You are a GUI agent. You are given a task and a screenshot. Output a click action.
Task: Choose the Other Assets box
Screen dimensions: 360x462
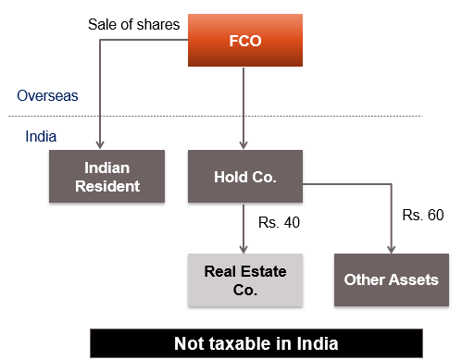click(391, 279)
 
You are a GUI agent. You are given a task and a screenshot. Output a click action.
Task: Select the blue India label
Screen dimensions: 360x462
click(40, 137)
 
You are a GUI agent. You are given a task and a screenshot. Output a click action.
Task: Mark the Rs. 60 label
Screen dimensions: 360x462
click(423, 216)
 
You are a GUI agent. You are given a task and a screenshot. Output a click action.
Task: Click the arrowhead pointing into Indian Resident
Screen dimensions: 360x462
click(99, 146)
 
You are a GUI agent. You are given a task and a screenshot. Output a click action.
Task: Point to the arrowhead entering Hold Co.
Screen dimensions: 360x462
click(243, 146)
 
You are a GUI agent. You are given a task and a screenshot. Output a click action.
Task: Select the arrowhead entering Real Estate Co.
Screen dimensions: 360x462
click(243, 248)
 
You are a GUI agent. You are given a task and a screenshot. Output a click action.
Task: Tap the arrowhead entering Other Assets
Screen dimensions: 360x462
click(391, 248)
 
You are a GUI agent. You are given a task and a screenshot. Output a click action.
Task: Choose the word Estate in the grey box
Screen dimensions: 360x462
click(262, 271)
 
